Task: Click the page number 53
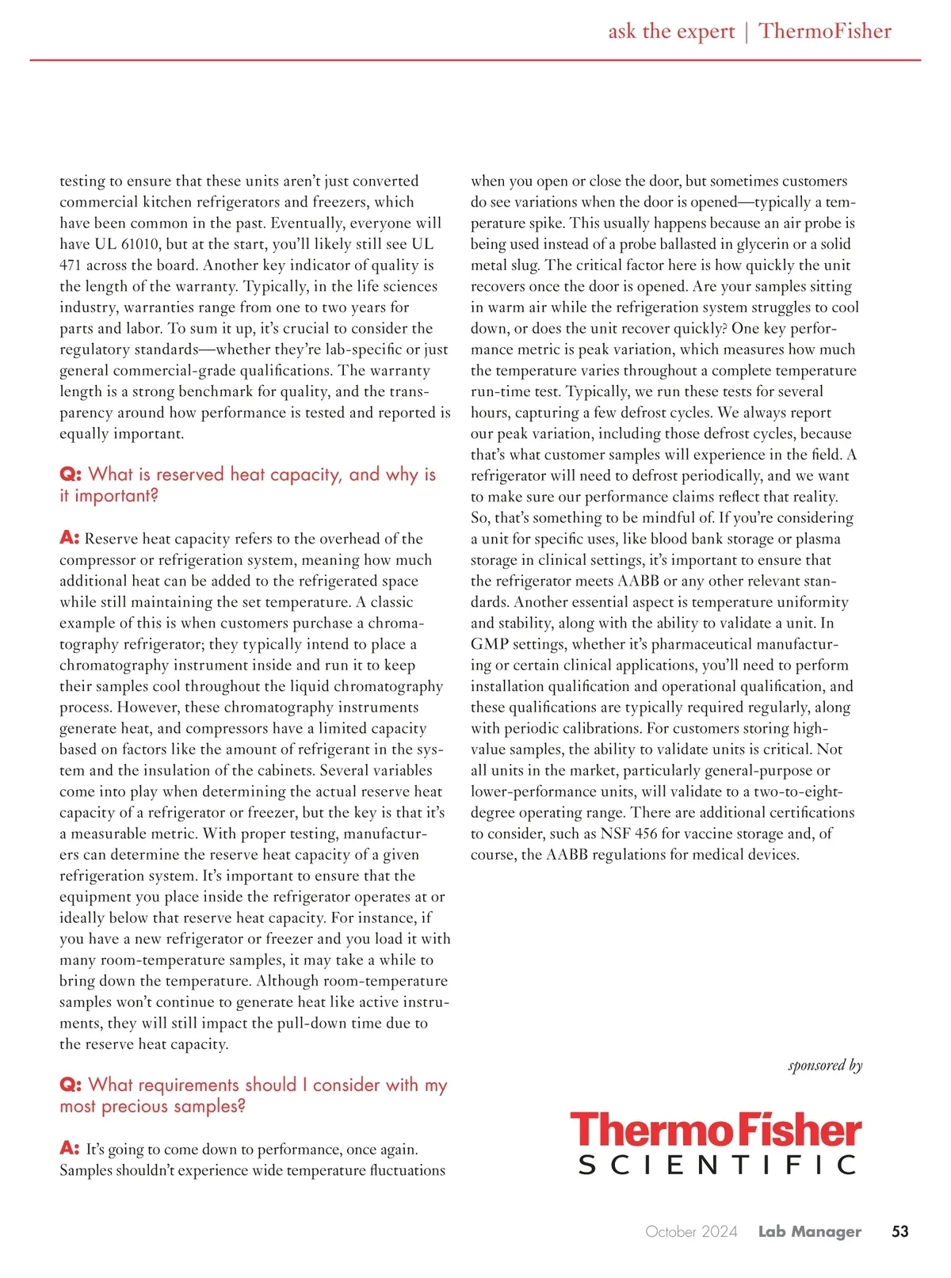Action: click(x=899, y=1231)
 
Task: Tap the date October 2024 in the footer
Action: click(x=691, y=1231)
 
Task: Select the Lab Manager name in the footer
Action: click(x=809, y=1231)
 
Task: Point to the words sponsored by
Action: click(x=825, y=1065)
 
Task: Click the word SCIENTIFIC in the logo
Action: click(x=717, y=1165)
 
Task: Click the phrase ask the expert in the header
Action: click(x=671, y=32)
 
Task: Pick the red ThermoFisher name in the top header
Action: click(x=825, y=32)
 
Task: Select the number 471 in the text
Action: click(x=71, y=265)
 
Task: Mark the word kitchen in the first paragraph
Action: click(x=167, y=202)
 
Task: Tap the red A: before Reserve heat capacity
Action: click(x=69, y=538)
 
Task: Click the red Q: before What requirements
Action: click(x=71, y=1085)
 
